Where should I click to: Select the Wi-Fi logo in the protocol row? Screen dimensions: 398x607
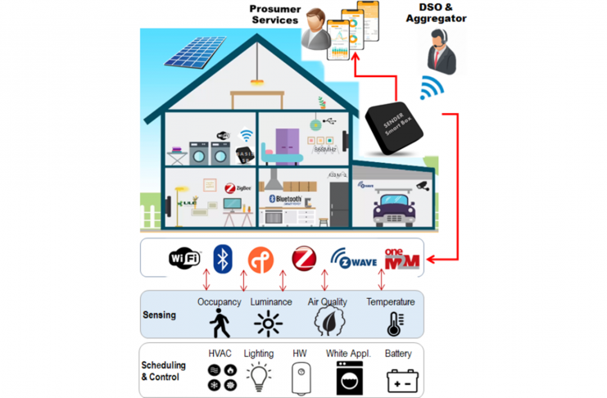(184, 258)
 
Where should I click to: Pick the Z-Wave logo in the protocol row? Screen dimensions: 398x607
(353, 259)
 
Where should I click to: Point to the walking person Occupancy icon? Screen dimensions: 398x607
(220, 323)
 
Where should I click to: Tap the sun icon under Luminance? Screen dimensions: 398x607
(268, 324)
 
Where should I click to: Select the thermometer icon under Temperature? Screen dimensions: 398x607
(394, 324)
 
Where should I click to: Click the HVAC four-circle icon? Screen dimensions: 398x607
(221, 378)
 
